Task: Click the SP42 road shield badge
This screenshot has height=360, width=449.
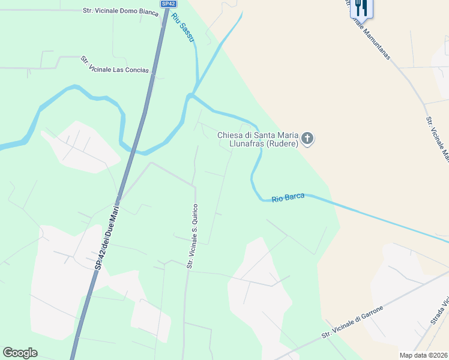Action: (168, 4)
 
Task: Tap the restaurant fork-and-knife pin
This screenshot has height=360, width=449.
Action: (361, 7)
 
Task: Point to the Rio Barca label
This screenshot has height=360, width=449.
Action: (288, 197)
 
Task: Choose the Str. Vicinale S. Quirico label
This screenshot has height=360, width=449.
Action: (192, 236)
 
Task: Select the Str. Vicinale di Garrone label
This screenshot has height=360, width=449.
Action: (352, 319)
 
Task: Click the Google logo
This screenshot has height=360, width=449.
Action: (20, 353)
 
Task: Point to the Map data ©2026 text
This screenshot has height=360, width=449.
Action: (423, 355)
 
